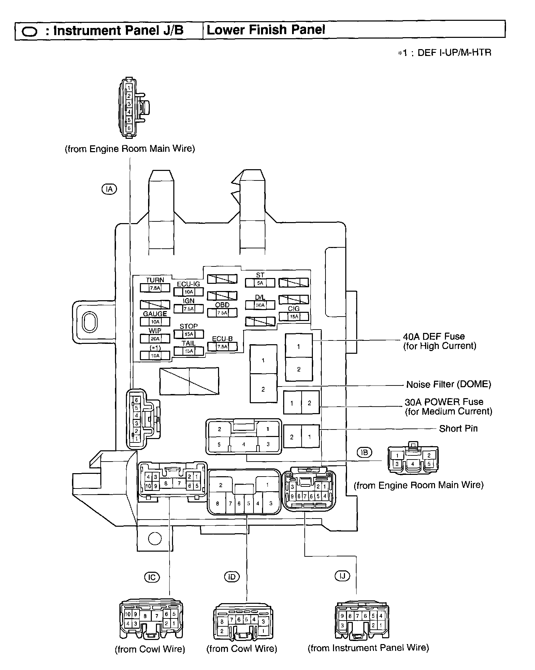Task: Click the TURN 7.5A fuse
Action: (155, 288)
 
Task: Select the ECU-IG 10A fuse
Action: (188, 292)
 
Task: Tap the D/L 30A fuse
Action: (260, 305)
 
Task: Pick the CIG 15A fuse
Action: (294, 316)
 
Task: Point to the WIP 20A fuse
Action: (155, 338)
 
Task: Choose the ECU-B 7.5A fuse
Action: (222, 347)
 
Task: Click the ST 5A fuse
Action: (260, 283)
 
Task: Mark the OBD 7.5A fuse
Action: (222, 312)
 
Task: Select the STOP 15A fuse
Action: (188, 334)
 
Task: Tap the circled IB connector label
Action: (364, 452)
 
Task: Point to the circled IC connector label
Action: (152, 577)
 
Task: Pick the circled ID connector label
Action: (232, 577)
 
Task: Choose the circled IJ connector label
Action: (342, 576)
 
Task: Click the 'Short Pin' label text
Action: (458, 428)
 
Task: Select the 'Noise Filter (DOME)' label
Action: (448, 384)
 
